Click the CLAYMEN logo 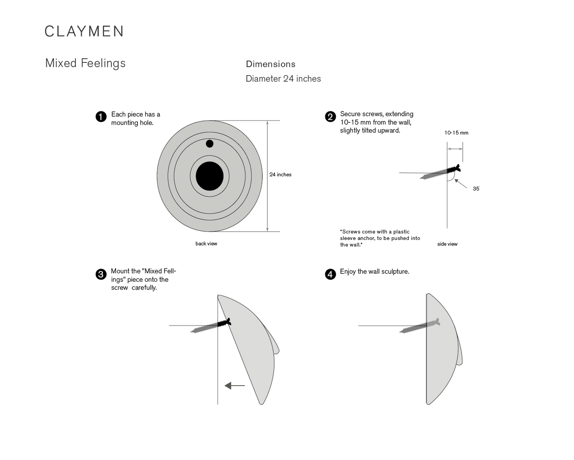pos(84,31)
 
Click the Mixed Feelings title pos(85,63)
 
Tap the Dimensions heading pos(271,64)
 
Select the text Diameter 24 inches pos(283,79)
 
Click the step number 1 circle pos(101,117)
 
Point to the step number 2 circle pos(330,117)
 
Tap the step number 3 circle pos(101,274)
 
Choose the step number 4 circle pos(330,274)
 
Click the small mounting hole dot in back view pos(210,144)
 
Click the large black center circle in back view pos(210,176)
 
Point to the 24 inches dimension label pos(280,175)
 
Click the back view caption pos(206,244)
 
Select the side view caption pos(447,244)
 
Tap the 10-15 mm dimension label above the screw pos(456,133)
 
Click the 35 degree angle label pos(476,189)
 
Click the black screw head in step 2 pos(454,169)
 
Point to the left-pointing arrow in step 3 pos(234,386)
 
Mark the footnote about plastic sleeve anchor pos(380,238)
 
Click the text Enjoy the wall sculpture pos(375,271)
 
